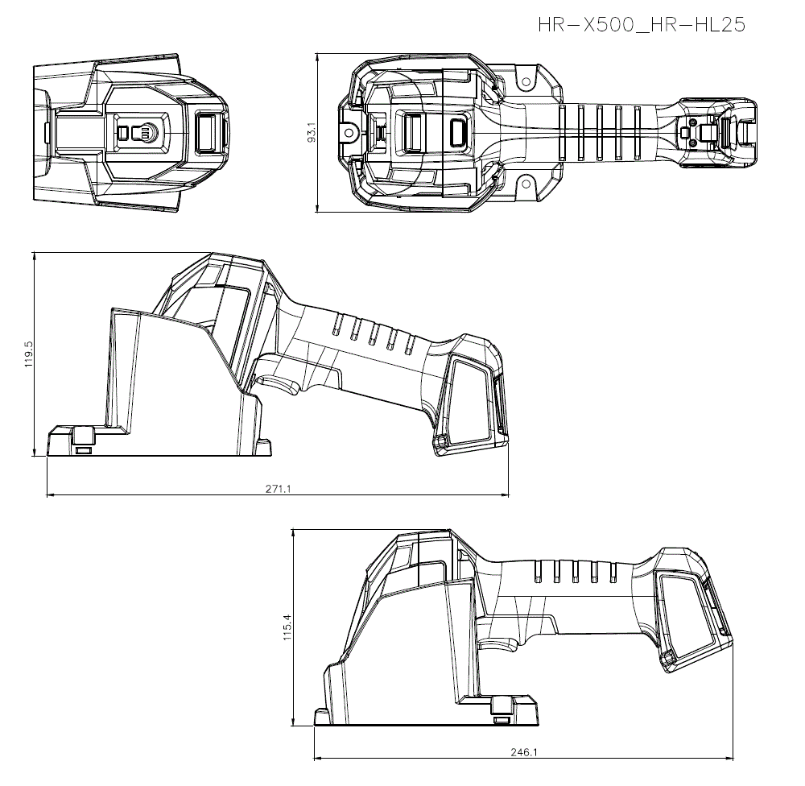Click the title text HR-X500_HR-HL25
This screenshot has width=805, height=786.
point(642,25)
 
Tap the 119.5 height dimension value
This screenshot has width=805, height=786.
point(29,355)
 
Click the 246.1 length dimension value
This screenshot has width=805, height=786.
point(523,752)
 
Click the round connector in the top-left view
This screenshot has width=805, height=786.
point(146,131)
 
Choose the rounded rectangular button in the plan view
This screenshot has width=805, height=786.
point(459,132)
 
